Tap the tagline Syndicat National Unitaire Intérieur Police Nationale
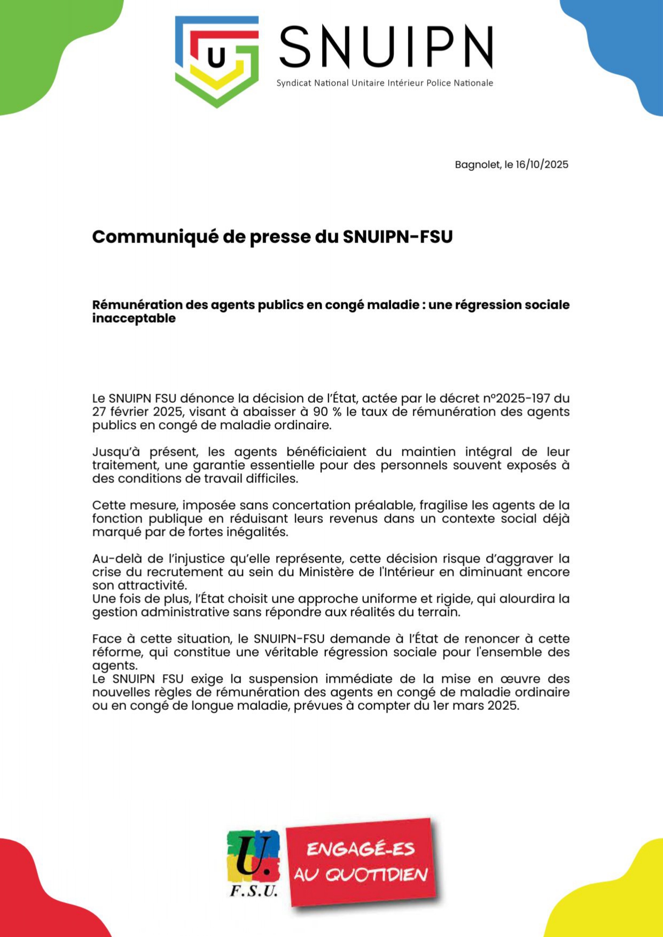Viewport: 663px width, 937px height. point(385,83)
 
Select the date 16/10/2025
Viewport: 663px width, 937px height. point(542,165)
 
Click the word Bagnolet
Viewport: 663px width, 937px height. point(478,165)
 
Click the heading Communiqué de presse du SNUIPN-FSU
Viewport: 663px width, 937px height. point(272,237)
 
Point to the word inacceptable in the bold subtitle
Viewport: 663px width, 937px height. point(134,318)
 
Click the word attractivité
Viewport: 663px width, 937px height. point(152,585)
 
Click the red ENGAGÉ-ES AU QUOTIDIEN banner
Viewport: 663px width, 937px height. point(362,862)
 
